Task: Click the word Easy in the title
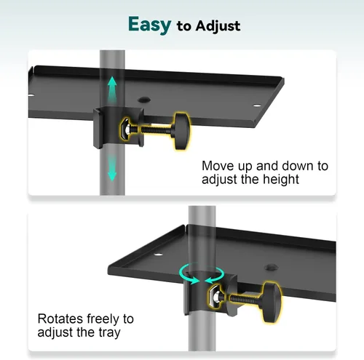(149, 25)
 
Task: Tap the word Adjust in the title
(218, 26)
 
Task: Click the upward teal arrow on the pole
(112, 89)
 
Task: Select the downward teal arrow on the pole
(112, 168)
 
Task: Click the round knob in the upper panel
(182, 130)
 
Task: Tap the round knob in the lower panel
(272, 302)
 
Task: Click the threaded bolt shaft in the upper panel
(154, 129)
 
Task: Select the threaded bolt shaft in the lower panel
(245, 299)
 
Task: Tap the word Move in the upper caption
(218, 166)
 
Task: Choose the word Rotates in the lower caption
(60, 319)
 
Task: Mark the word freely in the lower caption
(103, 319)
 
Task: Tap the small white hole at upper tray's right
(257, 105)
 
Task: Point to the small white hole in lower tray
(158, 255)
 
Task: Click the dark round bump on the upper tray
(144, 100)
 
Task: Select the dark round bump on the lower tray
(272, 268)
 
